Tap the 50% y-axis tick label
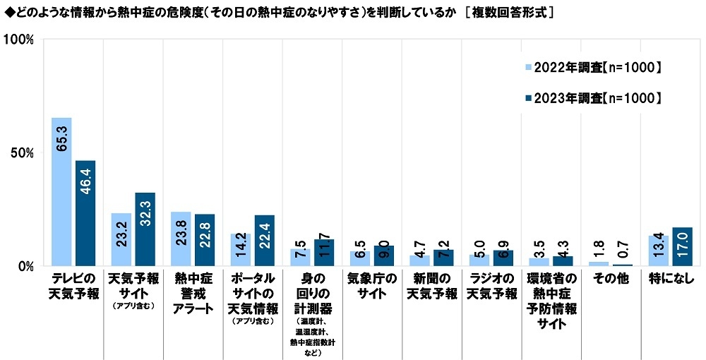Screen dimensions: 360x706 [x=22, y=153]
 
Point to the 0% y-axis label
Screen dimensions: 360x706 [x=25, y=267]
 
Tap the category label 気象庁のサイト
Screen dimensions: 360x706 [x=371, y=286]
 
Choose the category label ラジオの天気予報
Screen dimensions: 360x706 [x=491, y=286]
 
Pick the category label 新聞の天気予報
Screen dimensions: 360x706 [x=431, y=286]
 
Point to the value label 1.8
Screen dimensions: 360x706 [x=599, y=249]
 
